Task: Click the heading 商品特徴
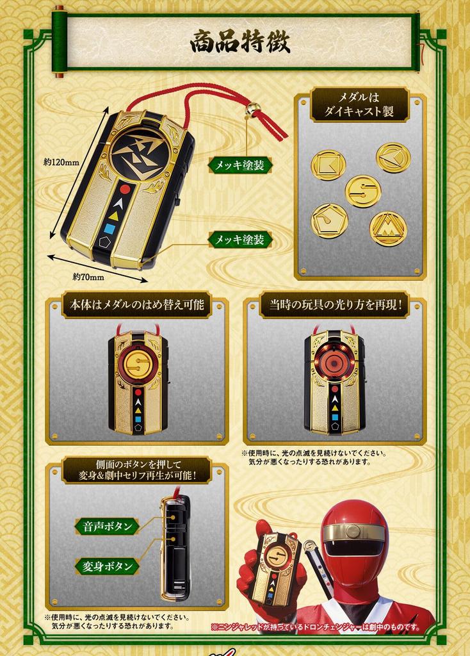coord(239,42)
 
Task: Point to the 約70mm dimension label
coord(88,277)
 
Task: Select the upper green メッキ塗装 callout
coord(239,165)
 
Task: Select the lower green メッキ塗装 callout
coord(239,240)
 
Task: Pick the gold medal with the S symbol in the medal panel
coord(362,191)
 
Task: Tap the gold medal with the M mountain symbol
coord(387,229)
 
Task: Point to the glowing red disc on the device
coord(334,354)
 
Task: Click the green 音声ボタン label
coord(107,526)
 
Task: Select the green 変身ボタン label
coord(107,566)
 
